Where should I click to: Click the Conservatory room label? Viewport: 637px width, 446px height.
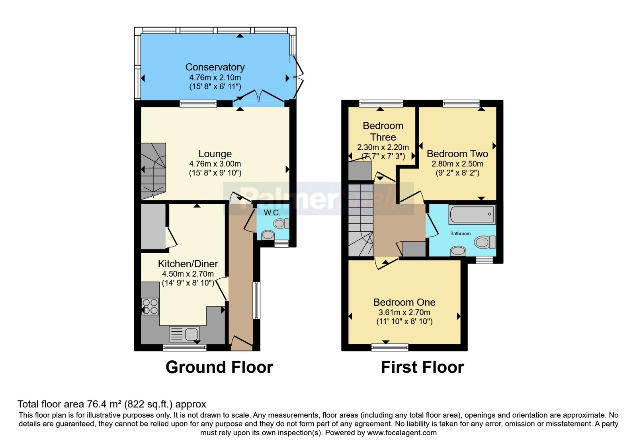tap(215, 67)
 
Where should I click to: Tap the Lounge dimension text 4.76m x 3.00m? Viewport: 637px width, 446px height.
tap(215, 164)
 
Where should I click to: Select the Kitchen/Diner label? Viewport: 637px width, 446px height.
tap(188, 264)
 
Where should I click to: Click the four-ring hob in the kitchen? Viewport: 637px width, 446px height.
tap(150, 306)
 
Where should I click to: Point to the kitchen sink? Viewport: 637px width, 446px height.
tap(184, 334)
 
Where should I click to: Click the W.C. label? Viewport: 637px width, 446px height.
tap(272, 213)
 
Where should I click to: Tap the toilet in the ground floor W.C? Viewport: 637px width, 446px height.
tap(281, 223)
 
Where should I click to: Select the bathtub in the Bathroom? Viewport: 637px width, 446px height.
tap(472, 214)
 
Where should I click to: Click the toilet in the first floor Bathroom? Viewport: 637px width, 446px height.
tap(485, 242)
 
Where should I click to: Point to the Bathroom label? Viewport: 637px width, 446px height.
tap(460, 233)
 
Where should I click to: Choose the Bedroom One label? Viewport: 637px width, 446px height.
tap(404, 302)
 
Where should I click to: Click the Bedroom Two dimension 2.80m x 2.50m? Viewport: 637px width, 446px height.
tap(457, 164)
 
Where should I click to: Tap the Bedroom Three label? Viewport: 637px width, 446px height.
tap(383, 131)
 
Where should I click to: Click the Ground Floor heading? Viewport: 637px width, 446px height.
tap(219, 367)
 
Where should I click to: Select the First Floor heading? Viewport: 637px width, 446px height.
tap(422, 367)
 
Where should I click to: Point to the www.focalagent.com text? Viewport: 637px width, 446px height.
tap(402, 432)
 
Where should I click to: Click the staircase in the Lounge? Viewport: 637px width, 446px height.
tap(153, 171)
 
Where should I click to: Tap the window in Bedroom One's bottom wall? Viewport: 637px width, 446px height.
tap(390, 347)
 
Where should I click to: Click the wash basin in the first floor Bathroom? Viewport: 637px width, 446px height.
tap(458, 251)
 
